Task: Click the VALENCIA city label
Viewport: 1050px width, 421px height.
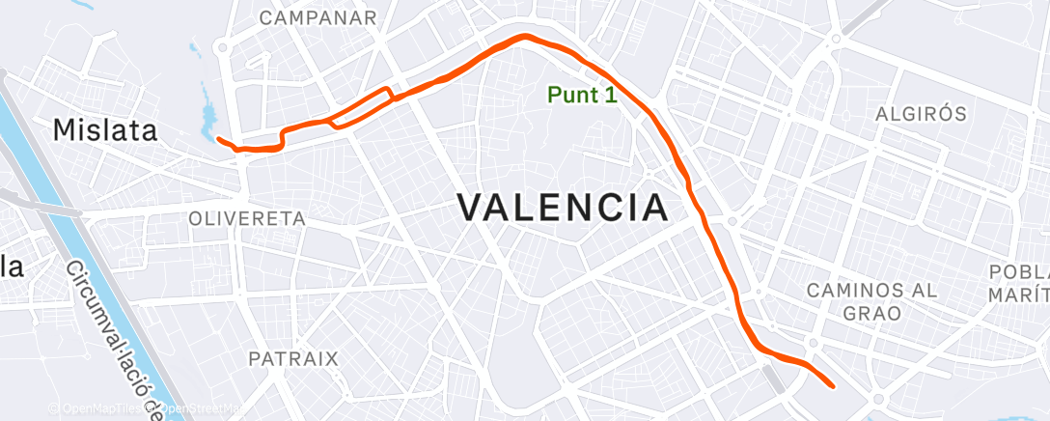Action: click(562, 208)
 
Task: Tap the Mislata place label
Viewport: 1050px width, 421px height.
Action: click(105, 130)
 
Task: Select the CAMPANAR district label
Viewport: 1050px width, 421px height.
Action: click(318, 17)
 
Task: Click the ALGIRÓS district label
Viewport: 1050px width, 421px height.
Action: click(920, 114)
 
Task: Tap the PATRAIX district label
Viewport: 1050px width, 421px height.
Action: click(293, 358)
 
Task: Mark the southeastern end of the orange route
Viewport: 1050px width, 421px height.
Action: click(832, 385)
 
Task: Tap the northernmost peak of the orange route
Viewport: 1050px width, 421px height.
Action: click(525, 37)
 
